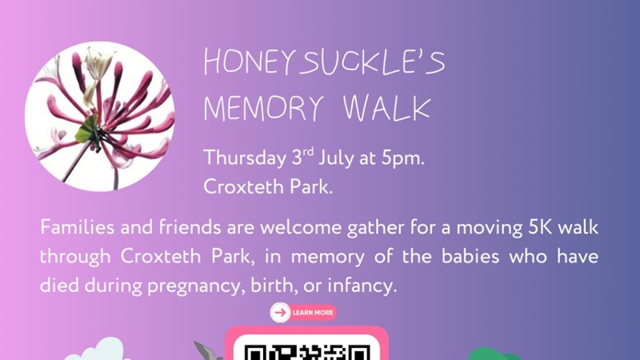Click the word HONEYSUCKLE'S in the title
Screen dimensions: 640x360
click(x=324, y=62)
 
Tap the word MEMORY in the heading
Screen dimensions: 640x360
click(x=264, y=109)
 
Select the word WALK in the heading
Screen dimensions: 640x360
click(x=387, y=109)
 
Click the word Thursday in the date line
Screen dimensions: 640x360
click(x=245, y=158)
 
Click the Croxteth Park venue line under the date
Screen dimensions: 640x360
click(x=268, y=187)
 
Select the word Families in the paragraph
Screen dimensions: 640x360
click(x=77, y=227)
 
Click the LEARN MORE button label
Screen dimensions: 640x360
click(x=313, y=313)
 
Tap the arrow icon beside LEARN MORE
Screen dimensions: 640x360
click(x=280, y=313)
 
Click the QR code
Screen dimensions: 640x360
click(x=307, y=352)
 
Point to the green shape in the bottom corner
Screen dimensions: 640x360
click(x=494, y=354)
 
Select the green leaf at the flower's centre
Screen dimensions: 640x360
click(x=87, y=129)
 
